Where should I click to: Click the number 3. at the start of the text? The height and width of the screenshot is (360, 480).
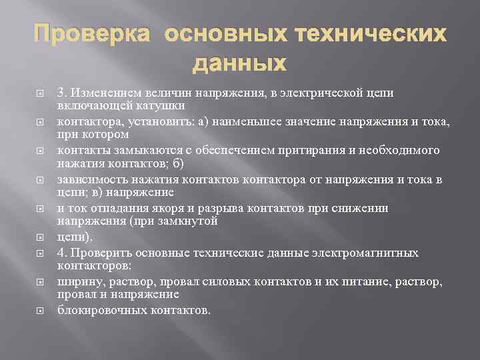pyautogui.click(x=63, y=93)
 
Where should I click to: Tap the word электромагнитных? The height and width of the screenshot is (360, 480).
pyautogui.click(x=373, y=253)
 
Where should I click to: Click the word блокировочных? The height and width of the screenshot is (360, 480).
pyautogui.click(x=101, y=311)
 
